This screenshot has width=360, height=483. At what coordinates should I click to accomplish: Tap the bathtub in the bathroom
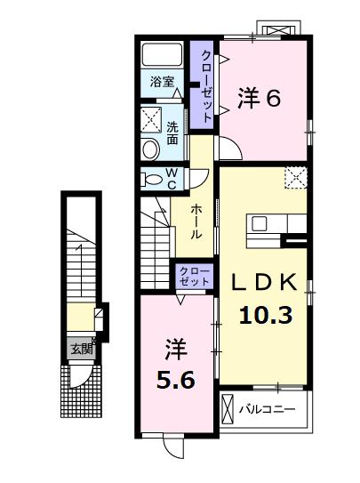click(x=162, y=54)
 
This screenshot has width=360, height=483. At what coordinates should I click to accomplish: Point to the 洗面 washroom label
click(x=172, y=133)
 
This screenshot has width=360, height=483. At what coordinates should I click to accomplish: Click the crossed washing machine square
click(x=150, y=119)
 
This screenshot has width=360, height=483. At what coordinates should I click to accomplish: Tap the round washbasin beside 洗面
click(x=149, y=147)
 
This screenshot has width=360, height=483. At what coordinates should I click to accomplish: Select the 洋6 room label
click(x=260, y=99)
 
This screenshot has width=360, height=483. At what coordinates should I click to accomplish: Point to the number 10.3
click(x=266, y=313)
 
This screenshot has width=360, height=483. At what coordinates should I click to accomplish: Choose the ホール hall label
click(x=196, y=220)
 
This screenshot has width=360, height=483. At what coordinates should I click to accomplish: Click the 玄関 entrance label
click(x=81, y=349)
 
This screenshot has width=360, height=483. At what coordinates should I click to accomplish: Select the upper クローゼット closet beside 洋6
click(x=204, y=85)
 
